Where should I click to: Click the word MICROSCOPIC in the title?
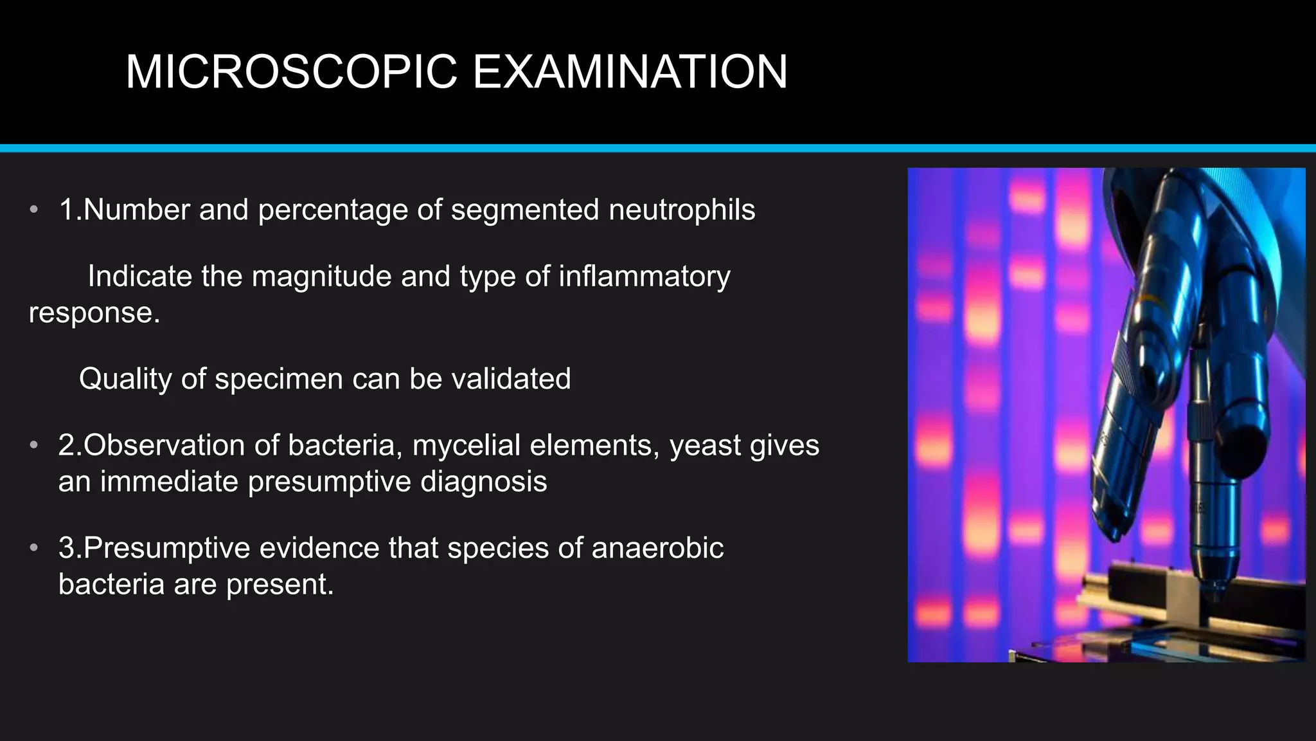pos(291,71)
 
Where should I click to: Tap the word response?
pos(94,313)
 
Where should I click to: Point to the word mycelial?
pos(466,445)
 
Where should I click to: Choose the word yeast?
pos(705,445)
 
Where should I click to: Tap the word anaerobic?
pos(657,548)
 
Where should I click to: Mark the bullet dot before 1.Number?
pos(34,209)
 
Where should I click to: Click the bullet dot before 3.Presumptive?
pos(34,547)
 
